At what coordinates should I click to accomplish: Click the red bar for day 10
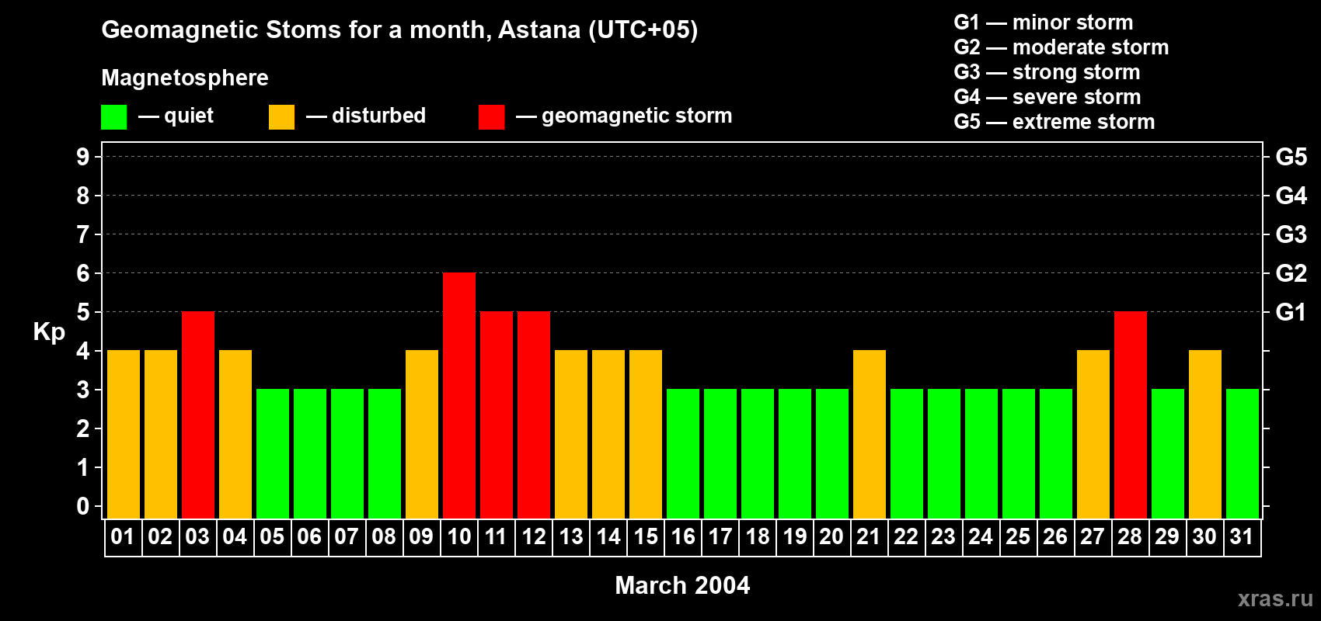pos(458,395)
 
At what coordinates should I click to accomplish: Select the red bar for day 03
pos(198,415)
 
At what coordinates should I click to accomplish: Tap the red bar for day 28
pos(1131,415)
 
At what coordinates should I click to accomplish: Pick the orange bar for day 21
pos(870,434)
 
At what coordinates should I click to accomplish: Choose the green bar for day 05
pos(273,453)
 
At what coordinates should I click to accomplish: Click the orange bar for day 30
pos(1204,434)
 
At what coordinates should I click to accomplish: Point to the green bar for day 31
pos(1242,453)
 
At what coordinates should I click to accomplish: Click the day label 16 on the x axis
pos(683,536)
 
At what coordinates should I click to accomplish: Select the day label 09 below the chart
pos(421,536)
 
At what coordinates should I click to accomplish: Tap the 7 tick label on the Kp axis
pos(82,234)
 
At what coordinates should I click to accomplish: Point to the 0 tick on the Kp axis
pos(82,506)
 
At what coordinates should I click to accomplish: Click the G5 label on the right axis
pos(1291,157)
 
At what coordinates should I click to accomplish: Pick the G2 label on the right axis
pos(1291,273)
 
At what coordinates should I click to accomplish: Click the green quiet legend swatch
pos(113,116)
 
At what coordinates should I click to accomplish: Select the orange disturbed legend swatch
pos(281,116)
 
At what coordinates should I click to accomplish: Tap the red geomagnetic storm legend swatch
pos(491,116)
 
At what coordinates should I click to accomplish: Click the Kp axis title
pos(49,332)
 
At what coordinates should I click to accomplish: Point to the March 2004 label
pos(682,585)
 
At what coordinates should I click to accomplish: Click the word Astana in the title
pos(539,29)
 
